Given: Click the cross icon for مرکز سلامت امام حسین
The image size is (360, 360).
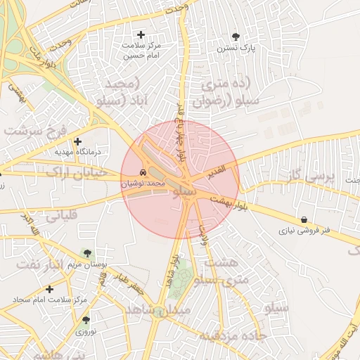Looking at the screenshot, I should [x=141, y=34].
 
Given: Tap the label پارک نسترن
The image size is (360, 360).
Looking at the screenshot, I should [x=234, y=49].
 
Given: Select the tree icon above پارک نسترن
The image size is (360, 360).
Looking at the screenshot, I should [x=234, y=37].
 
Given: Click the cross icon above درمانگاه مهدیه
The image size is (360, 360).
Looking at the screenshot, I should [x=78, y=141].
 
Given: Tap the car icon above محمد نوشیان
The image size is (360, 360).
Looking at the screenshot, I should [x=143, y=172].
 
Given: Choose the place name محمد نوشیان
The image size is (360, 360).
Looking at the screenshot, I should [x=143, y=183].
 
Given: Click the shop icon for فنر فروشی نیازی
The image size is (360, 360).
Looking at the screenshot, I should [x=303, y=219].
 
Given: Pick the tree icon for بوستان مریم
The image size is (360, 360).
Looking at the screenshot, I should [x=87, y=254].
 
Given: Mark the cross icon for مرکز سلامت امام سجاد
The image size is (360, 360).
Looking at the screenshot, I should [x=49, y=289].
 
